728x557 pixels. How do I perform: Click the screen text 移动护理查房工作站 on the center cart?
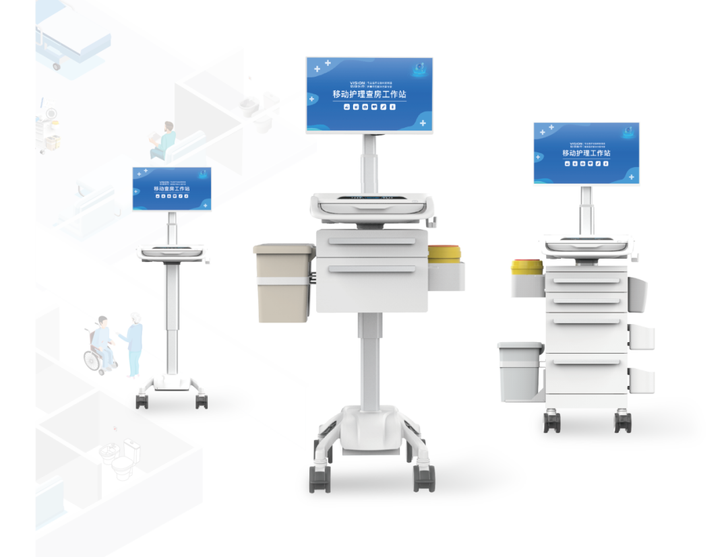(369, 95)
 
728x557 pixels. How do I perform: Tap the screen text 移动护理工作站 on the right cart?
(586, 154)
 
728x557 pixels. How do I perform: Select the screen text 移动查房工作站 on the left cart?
(171, 189)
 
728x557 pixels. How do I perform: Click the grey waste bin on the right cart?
(519, 370)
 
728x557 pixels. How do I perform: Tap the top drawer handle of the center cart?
(371, 241)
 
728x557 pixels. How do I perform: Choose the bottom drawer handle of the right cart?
(585, 363)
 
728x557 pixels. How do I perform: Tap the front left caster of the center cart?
(316, 479)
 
